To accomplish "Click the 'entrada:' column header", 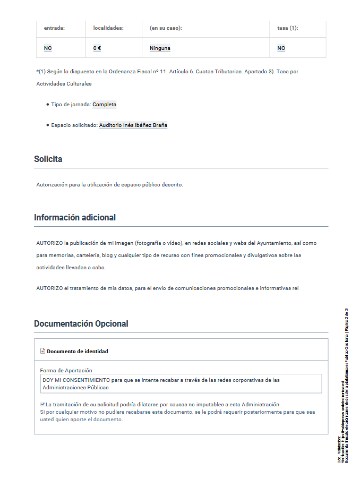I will [54, 28].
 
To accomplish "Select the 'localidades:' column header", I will [108, 28].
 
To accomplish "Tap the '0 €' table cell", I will [97, 48].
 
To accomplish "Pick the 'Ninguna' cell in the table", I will [160, 48].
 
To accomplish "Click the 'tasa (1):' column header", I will [288, 28].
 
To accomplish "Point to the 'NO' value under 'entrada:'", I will [48, 48].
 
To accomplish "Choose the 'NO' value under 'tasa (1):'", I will [281, 48].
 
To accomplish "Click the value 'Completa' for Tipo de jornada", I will [104, 105].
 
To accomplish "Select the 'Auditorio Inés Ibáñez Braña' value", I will [133, 125].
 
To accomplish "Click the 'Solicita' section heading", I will [48, 159].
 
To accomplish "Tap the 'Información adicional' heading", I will [75, 218].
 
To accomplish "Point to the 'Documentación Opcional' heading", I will [81, 324].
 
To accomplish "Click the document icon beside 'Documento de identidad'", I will [42, 351].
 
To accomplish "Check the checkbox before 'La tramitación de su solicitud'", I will [42, 404].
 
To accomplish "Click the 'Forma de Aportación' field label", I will [66, 370].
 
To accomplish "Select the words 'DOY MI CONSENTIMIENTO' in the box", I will [76, 380].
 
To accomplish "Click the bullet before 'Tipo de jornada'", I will [48, 105].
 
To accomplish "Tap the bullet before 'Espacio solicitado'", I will [48, 125].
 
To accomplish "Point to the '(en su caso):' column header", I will [166, 28].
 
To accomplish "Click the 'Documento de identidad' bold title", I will [78, 352].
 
